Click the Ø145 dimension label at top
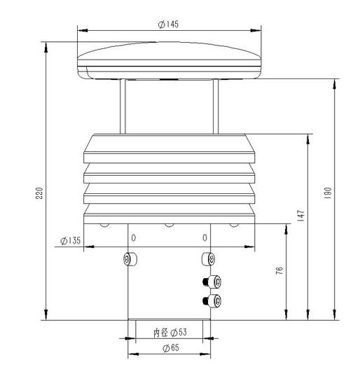coord(168,24)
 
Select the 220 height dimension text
coord(40,192)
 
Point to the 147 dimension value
coord(300,216)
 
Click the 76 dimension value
coord(279,271)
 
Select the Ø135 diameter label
coord(71,241)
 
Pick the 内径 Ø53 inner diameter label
coord(169,333)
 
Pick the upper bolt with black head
coord(212,282)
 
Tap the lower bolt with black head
coord(212,301)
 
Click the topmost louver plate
coord(168,147)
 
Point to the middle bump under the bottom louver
coord(168,225)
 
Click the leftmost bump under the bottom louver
coord(104,225)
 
